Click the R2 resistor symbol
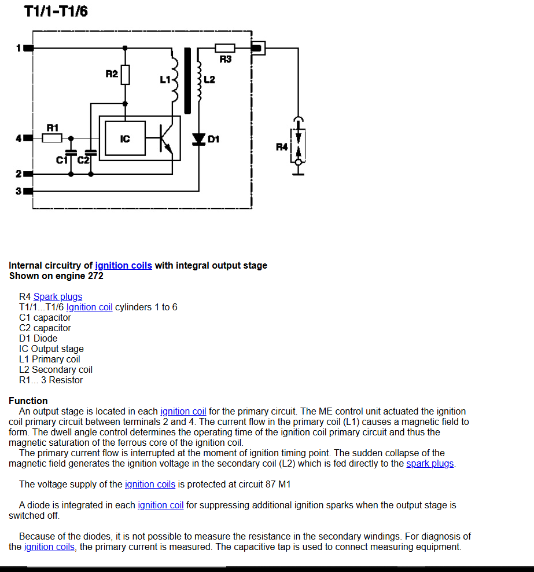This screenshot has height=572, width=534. click(125, 75)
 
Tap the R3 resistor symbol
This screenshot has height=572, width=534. click(225, 48)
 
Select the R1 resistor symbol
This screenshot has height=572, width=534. click(51, 138)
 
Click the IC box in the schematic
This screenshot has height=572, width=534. click(125, 138)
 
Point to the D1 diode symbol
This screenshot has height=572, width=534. click(198, 139)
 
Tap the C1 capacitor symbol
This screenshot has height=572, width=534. click(71, 152)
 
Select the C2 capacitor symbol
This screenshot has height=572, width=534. click(91, 152)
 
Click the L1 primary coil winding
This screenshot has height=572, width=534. click(175, 80)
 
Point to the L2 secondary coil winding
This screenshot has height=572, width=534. click(199, 82)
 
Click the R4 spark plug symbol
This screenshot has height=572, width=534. click(298, 146)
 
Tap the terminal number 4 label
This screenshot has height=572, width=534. click(19, 138)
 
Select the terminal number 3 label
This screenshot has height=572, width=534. click(19, 191)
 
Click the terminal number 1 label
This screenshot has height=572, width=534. click(19, 48)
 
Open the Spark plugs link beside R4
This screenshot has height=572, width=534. click(58, 296)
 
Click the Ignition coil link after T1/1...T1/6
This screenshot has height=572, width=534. click(89, 307)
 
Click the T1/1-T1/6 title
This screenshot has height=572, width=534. click(56, 11)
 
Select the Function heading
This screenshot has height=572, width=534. click(28, 401)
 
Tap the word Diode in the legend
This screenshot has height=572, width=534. click(46, 338)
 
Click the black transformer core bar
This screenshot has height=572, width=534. click(187, 80)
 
